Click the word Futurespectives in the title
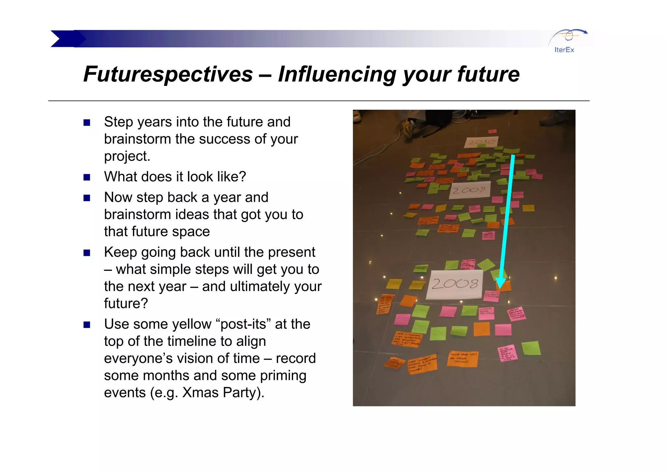coord(168,74)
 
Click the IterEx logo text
coord(564,50)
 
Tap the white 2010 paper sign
coord(481,142)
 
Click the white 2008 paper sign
coord(455,284)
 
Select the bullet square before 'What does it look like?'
coord(87,177)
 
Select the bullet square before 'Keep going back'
coord(87,253)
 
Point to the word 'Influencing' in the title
coord(337,74)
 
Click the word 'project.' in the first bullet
coord(127,157)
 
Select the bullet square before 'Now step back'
coord(87,198)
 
